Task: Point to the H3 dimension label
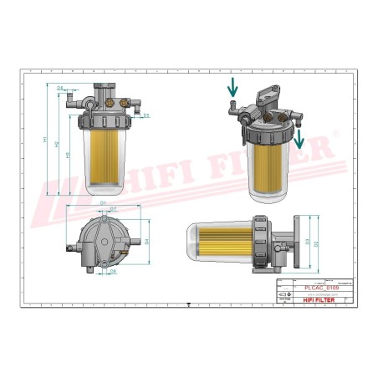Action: point(66,155)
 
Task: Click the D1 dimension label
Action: point(102,203)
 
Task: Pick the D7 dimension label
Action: point(113,208)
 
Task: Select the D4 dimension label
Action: point(146,243)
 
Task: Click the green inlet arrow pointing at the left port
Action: point(232,88)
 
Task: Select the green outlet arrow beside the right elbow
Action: point(299,136)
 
